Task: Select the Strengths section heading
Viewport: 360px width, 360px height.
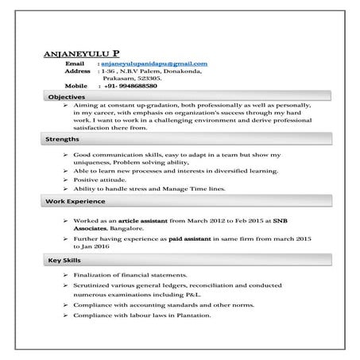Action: tap(64, 139)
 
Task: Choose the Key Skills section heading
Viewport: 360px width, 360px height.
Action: tap(64, 261)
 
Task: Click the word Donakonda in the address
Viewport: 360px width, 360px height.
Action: tap(182, 71)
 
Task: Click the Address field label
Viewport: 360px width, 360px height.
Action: tap(77, 71)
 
